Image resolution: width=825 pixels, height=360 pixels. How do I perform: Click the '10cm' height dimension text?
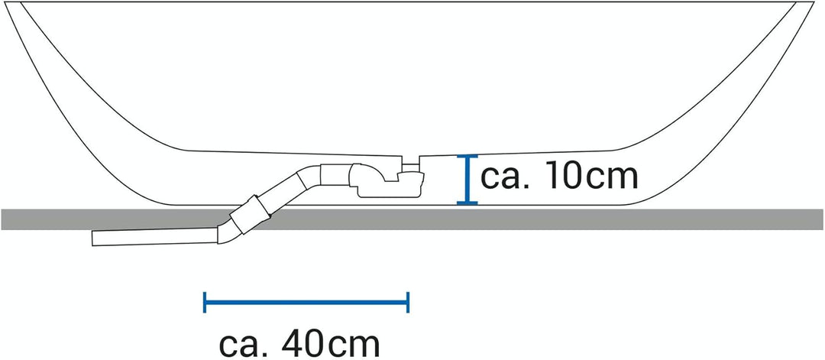592,177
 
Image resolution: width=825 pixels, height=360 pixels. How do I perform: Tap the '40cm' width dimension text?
331,345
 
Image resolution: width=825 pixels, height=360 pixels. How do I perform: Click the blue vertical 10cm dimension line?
467,180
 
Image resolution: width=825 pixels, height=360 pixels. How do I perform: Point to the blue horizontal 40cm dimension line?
306,302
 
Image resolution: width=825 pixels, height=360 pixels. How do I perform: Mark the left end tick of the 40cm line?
204,302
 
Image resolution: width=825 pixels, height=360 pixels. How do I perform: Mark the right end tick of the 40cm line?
408,302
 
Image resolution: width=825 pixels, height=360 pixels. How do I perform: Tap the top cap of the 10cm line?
467,157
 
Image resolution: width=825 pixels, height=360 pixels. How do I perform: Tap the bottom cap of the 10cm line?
467,203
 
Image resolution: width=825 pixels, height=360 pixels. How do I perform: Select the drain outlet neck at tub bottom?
410,167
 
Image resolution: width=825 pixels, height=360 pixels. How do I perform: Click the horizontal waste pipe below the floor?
154,237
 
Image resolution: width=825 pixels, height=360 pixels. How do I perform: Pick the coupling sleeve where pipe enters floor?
251,214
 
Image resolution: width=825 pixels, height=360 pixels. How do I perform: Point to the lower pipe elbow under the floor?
226,232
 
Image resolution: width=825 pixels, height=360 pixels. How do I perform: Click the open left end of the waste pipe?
92,238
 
